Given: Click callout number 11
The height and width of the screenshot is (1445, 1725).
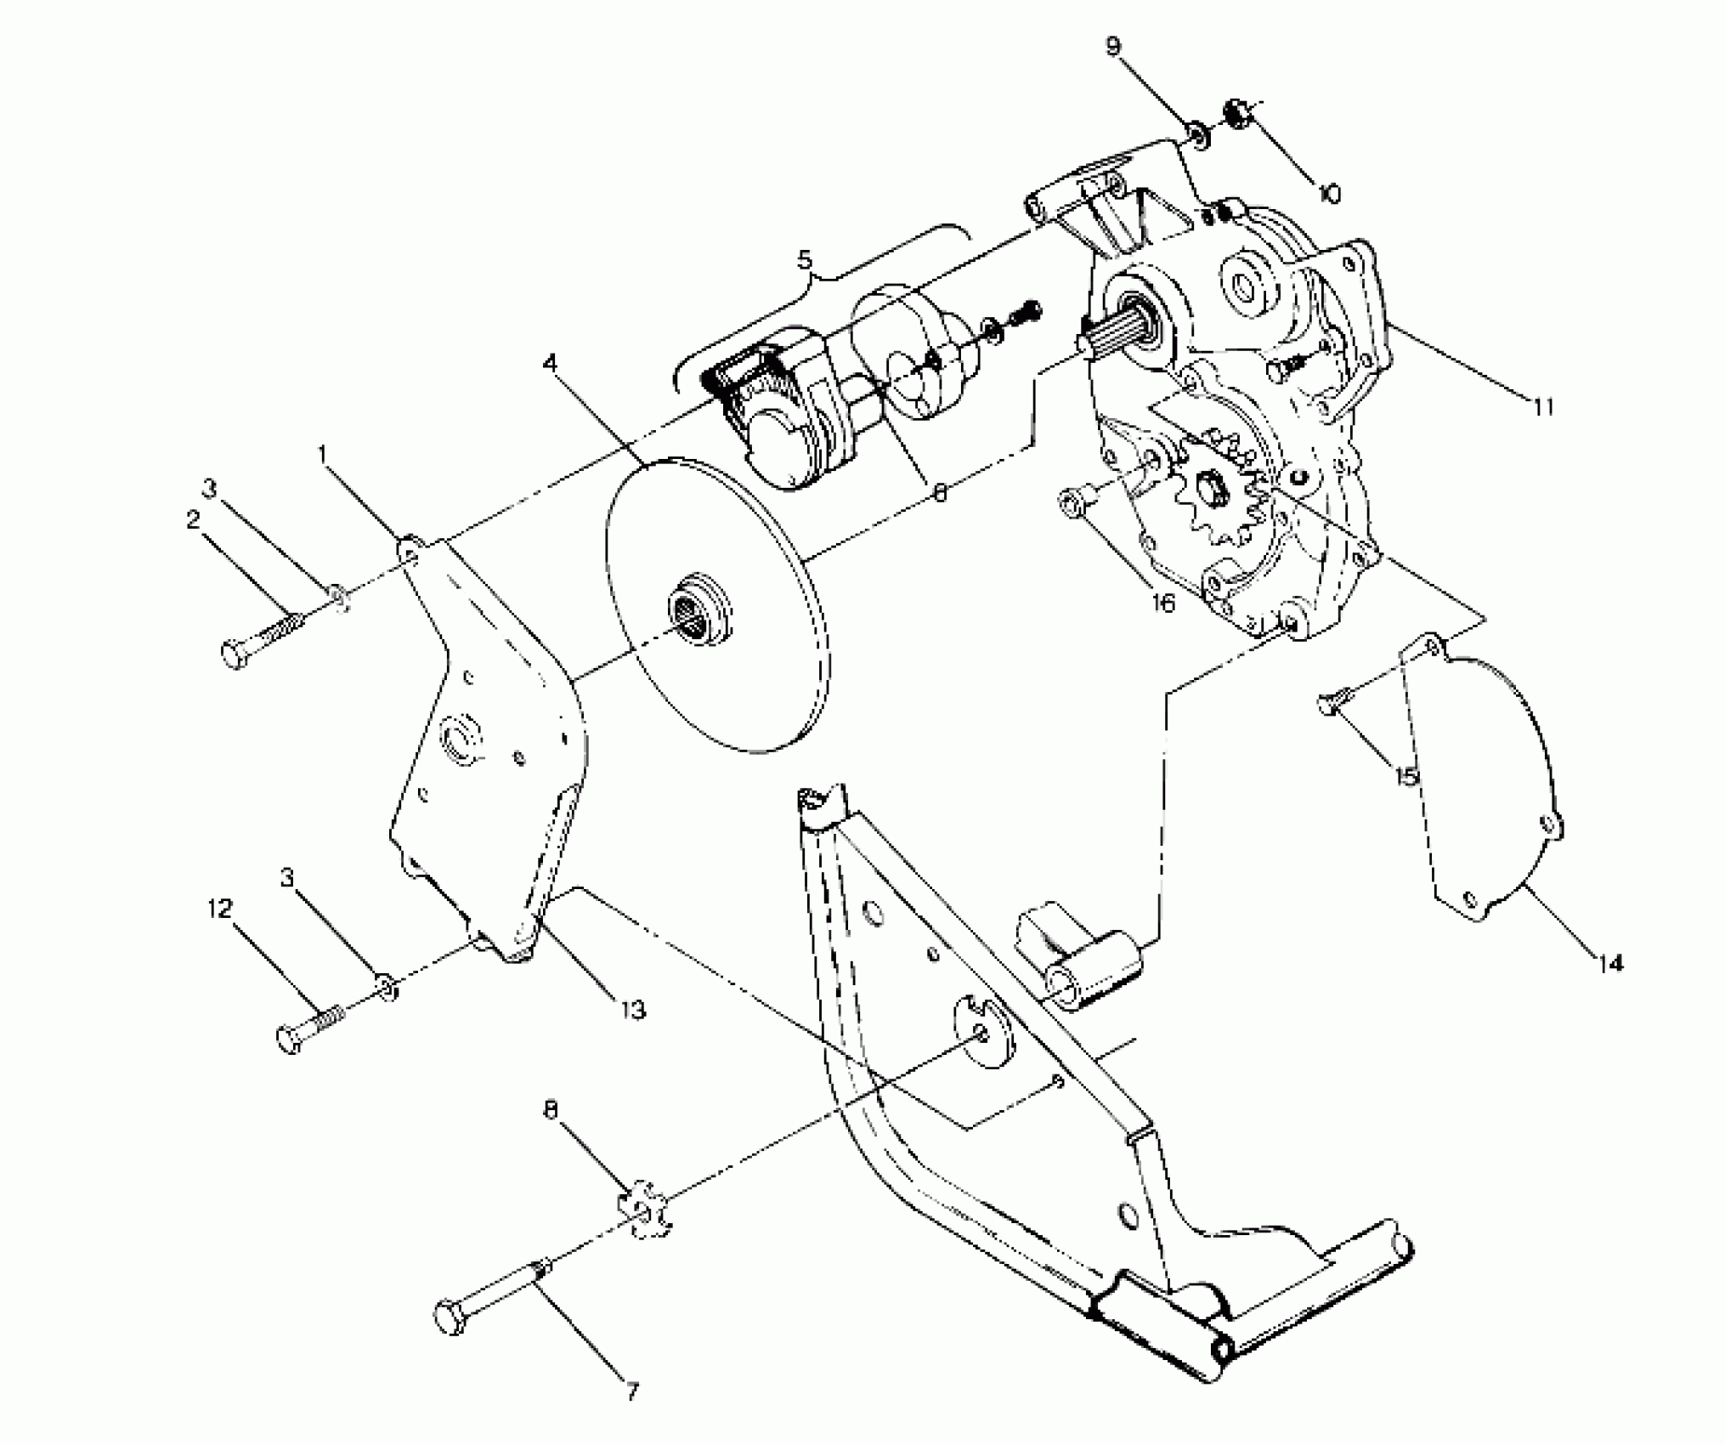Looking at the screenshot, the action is click(1543, 408).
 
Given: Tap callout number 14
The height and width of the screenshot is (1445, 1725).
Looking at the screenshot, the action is click(1609, 963).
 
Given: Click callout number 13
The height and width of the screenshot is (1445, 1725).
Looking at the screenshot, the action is click(633, 1010).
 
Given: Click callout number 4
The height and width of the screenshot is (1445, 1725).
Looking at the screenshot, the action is click(551, 364).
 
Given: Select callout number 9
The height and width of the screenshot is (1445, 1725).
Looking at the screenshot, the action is click(1115, 46).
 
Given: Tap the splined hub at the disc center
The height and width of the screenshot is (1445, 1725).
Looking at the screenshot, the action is click(697, 608).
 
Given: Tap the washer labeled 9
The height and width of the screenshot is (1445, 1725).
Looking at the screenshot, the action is click(1199, 134).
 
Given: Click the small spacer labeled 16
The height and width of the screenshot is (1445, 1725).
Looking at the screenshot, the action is click(1072, 504).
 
